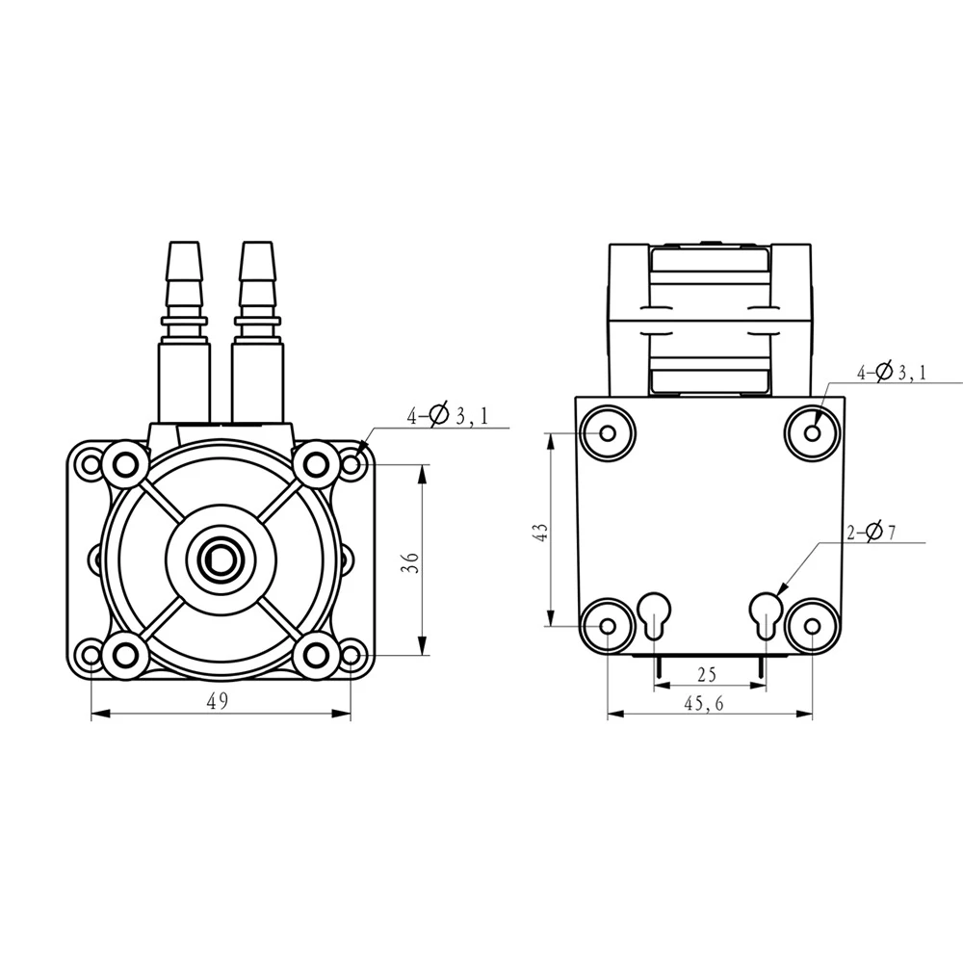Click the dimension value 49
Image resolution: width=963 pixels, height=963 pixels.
point(217,701)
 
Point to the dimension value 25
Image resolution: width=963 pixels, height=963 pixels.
point(708,673)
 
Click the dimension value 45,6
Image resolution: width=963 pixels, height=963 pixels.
point(705,704)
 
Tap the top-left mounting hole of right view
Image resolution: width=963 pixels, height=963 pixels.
point(609,432)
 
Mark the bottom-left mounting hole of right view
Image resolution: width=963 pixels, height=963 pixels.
point(609,626)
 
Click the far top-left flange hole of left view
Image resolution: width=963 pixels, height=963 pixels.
point(91,465)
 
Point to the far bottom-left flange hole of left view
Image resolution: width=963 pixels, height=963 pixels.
point(91,656)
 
